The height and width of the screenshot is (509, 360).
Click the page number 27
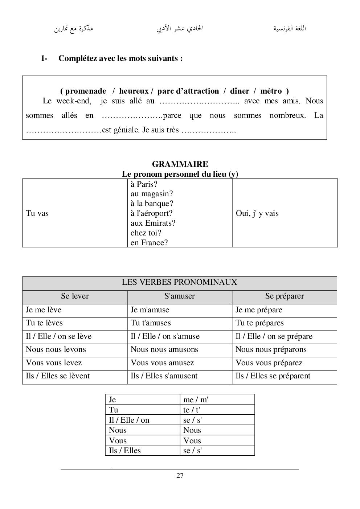(180, 476)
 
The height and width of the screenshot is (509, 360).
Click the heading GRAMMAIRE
(180, 164)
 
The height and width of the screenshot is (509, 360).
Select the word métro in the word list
(271, 91)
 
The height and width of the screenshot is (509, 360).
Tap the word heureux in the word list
(134, 91)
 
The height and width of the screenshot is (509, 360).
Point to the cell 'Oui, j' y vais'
(257, 213)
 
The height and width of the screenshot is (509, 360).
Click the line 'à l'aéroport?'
(152, 213)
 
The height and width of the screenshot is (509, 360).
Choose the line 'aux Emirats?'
(153, 223)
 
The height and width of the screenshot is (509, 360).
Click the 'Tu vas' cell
(37, 213)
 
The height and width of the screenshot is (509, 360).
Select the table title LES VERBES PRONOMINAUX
(179, 282)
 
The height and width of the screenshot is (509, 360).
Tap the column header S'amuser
(179, 296)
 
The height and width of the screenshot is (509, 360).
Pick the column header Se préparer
(285, 296)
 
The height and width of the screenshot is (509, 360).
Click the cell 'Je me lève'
(44, 310)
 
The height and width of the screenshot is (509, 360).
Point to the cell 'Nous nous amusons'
(164, 349)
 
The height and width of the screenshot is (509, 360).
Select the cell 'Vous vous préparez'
(269, 363)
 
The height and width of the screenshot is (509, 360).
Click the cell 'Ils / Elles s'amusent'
(164, 376)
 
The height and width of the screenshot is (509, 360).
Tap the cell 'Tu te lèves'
(44, 323)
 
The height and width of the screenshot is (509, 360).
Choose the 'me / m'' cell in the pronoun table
(196, 400)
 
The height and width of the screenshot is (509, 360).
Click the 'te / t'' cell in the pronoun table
(192, 410)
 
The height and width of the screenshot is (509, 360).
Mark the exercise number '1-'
(44, 58)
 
